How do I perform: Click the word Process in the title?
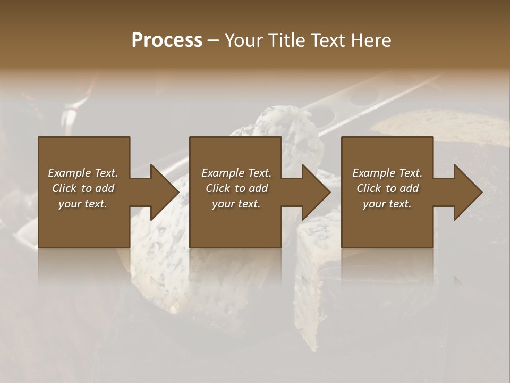[167, 40]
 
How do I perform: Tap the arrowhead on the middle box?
[316, 192]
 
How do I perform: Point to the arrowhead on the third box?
[467, 192]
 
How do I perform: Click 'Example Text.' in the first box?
[83, 173]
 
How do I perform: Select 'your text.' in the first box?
[83, 204]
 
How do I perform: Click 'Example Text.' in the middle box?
[236, 173]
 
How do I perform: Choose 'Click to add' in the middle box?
[236, 188]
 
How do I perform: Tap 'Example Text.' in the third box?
[387, 173]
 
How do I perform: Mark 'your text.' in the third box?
[387, 204]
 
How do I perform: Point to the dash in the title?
[214, 40]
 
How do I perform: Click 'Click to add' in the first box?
[83, 188]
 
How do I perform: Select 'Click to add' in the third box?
[387, 188]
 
